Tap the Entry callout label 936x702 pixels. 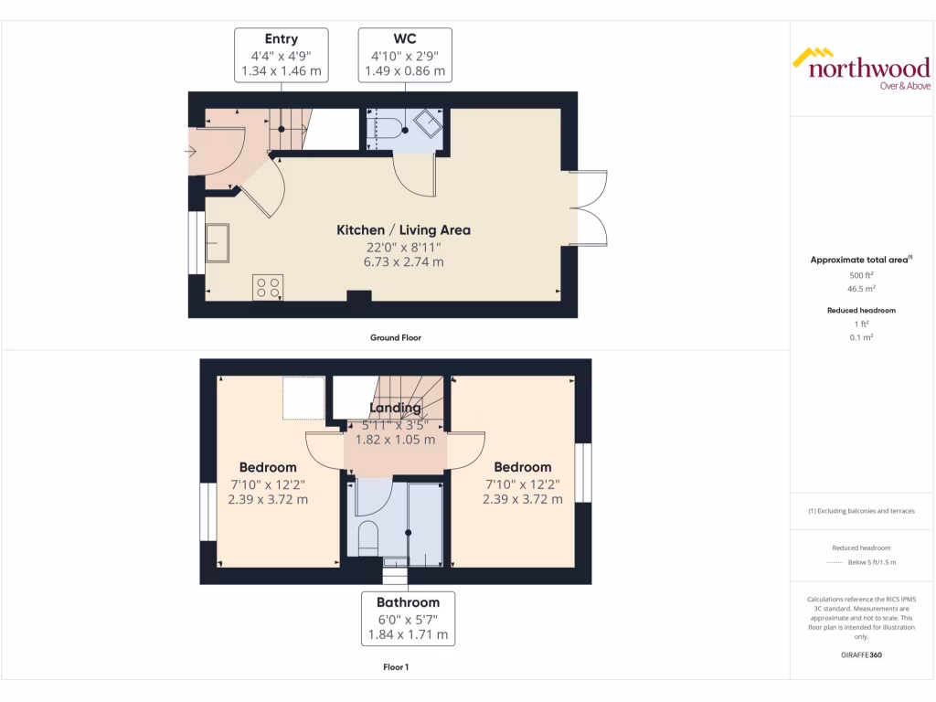tap(281, 55)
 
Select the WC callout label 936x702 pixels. tap(405, 55)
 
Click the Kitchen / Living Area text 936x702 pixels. tap(403, 230)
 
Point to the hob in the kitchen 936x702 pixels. tap(268, 288)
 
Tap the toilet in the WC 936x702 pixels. tap(388, 129)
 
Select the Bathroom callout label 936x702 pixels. tap(408, 618)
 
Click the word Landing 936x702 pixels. tap(396, 408)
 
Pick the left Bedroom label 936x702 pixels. tap(268, 467)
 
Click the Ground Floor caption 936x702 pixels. tap(396, 337)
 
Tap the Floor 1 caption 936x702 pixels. tap(396, 667)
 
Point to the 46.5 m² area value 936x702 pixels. tap(861, 288)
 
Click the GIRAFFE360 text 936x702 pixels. tap(861, 654)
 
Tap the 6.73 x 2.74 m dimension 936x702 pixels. tap(403, 262)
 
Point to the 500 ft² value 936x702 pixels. tap(861, 274)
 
